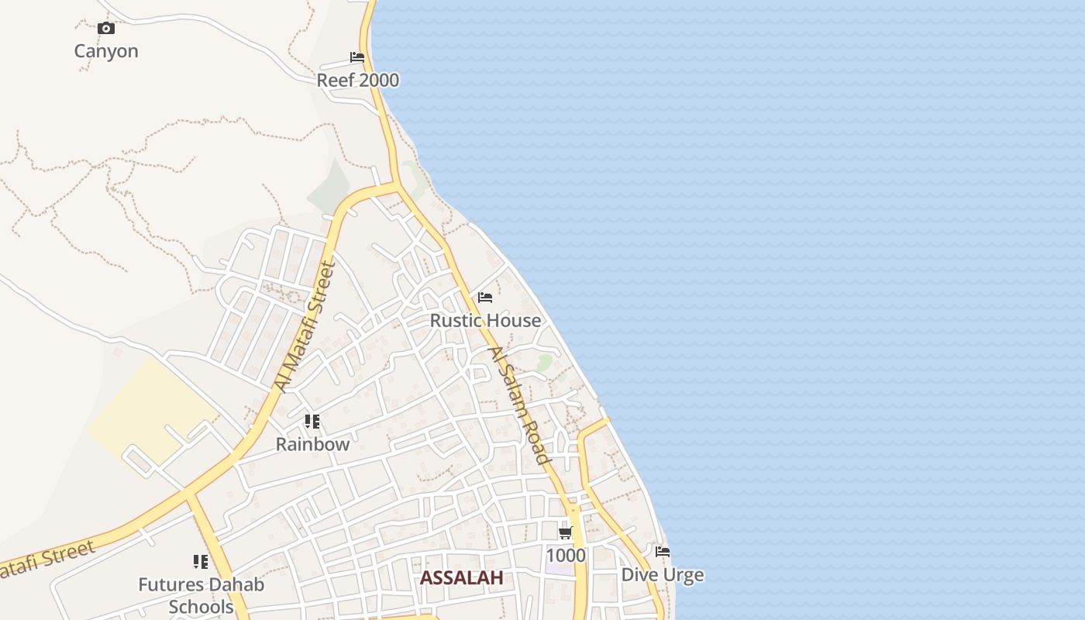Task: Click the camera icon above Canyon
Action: pyautogui.click(x=106, y=29)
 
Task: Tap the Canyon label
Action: pyautogui.click(x=106, y=51)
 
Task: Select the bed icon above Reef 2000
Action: pyautogui.click(x=357, y=57)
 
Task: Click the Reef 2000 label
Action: pyautogui.click(x=358, y=80)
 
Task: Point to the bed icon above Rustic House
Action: pyautogui.click(x=485, y=298)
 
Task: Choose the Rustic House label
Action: pyautogui.click(x=485, y=320)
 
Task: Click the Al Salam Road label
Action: pyautogui.click(x=519, y=405)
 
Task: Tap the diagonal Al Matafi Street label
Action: pyautogui.click(x=305, y=327)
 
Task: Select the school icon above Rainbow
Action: pyautogui.click(x=312, y=422)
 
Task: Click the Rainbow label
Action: pyautogui.click(x=313, y=445)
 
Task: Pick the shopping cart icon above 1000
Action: pyautogui.click(x=566, y=532)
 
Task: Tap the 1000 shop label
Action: pyautogui.click(x=566, y=556)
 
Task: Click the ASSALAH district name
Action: pyautogui.click(x=462, y=577)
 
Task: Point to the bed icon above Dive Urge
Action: pyautogui.click(x=663, y=552)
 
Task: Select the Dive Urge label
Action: pyautogui.click(x=663, y=575)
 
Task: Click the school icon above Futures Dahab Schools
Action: pyautogui.click(x=201, y=562)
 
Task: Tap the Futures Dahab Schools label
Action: pyautogui.click(x=201, y=595)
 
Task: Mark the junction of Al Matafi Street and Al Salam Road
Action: pyautogui.click(x=396, y=185)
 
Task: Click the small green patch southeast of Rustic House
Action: pyautogui.click(x=545, y=361)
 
